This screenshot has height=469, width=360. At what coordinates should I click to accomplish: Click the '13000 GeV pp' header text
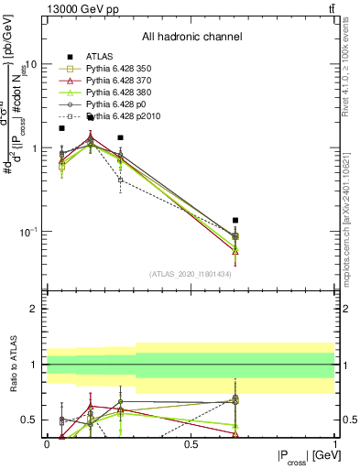[x=81, y=8]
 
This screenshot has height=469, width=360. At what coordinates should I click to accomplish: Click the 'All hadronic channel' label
[x=191, y=38]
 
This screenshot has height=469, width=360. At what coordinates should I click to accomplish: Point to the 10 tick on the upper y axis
[x=29, y=65]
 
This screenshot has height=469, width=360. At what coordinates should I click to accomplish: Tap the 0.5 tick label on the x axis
[x=191, y=443]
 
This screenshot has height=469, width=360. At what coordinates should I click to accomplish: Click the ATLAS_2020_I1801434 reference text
[x=191, y=274]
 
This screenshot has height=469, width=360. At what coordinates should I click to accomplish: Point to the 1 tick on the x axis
[x=334, y=443]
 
